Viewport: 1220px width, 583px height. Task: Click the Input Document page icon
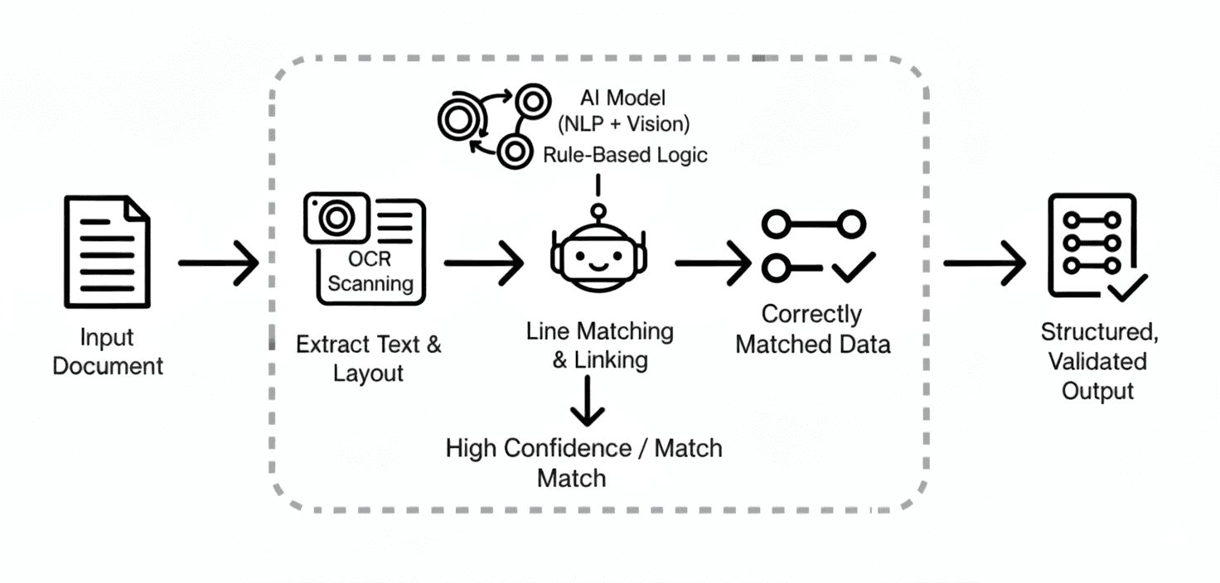point(107,252)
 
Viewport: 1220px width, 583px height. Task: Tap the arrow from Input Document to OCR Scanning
point(218,263)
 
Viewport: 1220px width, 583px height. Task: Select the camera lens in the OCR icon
point(335,218)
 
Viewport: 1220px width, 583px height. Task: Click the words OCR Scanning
point(370,271)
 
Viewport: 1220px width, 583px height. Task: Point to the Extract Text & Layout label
point(369,359)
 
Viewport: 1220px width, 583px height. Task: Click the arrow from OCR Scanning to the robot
point(483,263)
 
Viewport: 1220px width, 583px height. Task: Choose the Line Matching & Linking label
point(599,345)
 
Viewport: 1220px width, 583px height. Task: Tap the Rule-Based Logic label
point(625,154)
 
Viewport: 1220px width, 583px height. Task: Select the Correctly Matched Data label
point(812,329)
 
